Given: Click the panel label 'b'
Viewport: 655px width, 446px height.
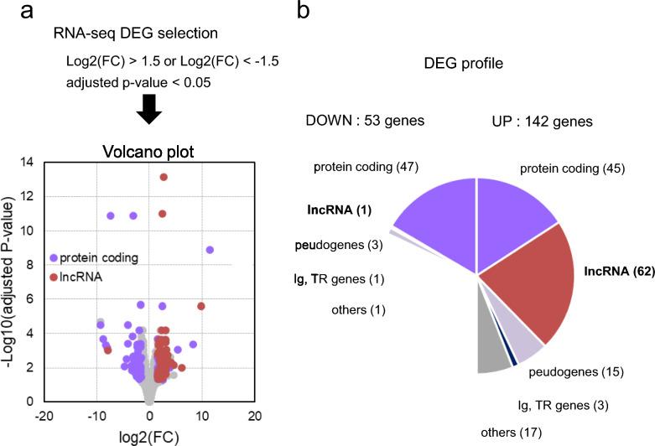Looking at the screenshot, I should [x=308, y=12].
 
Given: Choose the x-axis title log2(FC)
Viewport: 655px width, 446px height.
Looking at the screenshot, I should [x=151, y=437].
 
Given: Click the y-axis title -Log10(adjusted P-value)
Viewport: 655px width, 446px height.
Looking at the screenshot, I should [x=11, y=281].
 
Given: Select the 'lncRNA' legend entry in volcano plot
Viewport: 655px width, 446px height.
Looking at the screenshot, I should [x=81, y=276].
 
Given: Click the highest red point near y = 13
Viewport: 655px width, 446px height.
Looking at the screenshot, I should [x=164, y=177].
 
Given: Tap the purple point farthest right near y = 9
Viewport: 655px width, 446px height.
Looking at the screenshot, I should [x=210, y=250].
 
